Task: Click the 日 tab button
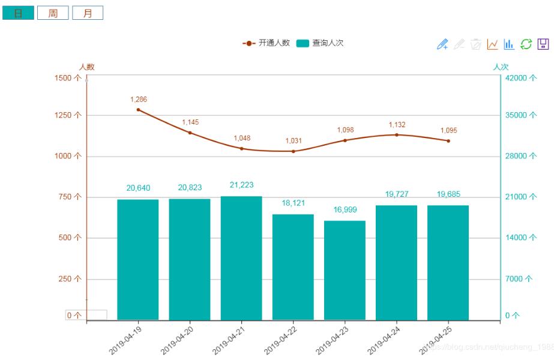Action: tap(18, 13)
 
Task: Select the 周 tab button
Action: tap(53, 13)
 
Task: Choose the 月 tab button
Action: tap(88, 13)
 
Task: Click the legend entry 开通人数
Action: tap(266, 43)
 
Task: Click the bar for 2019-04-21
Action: tap(241, 258)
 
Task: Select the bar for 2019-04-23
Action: tap(345, 270)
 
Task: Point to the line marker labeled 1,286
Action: tap(139, 110)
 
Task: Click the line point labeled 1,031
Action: tap(294, 151)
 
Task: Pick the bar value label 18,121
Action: tap(294, 203)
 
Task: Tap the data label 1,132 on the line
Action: tap(397, 125)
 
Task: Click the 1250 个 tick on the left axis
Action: tap(68, 115)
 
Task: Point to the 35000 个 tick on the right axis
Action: tap(520, 115)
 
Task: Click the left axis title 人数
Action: tap(87, 67)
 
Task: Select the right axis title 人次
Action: tap(501, 67)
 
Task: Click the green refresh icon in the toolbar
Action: tap(526, 44)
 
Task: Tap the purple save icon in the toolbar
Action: tap(543, 44)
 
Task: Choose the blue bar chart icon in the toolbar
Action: tap(509, 44)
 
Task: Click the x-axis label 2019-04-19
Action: tap(125, 340)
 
